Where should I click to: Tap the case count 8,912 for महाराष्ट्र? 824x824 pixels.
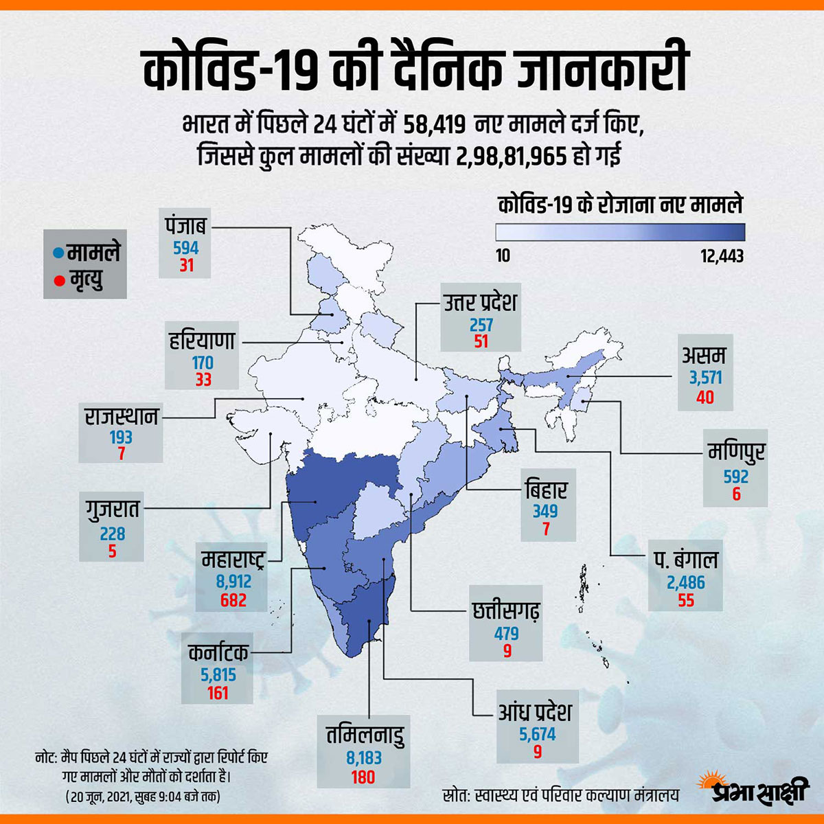click(x=233, y=582)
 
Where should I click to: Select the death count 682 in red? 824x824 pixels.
click(x=233, y=600)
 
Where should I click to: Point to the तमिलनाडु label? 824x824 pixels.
click(x=365, y=735)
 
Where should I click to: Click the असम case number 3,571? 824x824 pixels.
click(x=706, y=378)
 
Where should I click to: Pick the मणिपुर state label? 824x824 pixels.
click(x=736, y=453)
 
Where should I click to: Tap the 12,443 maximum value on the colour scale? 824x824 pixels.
click(x=722, y=256)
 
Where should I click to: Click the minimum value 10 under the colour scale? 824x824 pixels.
click(x=503, y=256)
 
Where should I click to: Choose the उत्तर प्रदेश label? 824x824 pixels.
click(x=481, y=302)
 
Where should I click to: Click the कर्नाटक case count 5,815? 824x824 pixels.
click(x=218, y=674)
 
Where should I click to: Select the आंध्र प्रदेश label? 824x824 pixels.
click(x=536, y=712)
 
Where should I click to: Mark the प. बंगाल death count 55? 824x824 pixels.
click(x=686, y=601)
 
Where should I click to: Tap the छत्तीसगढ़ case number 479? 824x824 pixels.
click(x=507, y=632)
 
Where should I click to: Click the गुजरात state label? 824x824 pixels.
click(x=112, y=510)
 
